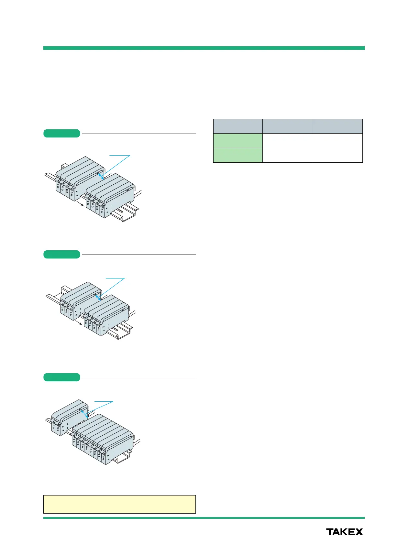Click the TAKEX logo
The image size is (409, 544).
pos(344,532)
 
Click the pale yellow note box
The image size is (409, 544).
pos(119,504)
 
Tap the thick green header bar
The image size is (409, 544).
pos(204,48)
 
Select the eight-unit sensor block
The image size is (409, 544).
pos(102,437)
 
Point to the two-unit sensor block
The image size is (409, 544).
pos(70,416)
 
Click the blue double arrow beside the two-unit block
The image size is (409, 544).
pos(84,413)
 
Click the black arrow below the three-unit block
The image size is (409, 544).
pos(79,323)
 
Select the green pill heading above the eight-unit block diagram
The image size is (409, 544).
pos(62,377)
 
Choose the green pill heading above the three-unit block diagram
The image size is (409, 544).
pos(62,254)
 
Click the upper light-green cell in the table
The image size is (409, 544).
pos(238,140)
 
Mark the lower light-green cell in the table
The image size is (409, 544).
pos(238,155)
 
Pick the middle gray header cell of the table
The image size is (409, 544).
pos(287,126)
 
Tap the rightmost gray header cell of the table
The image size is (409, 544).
pos(337,126)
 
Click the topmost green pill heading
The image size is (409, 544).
pos(62,133)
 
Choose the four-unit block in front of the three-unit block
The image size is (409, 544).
pos(107,315)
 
